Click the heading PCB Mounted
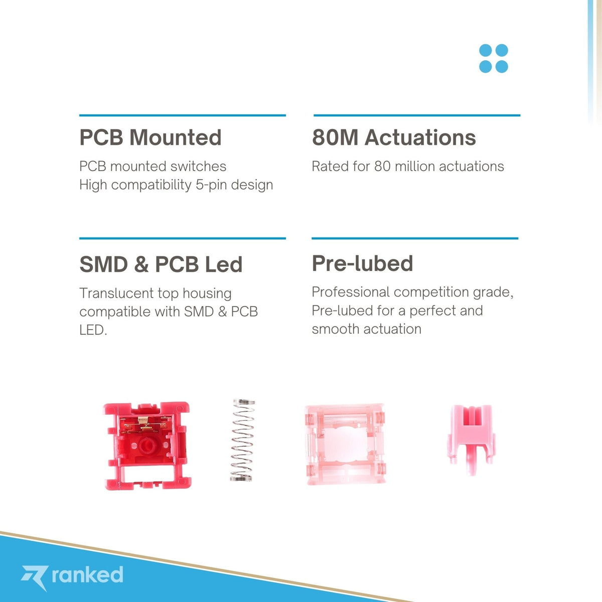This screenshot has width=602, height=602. coord(150,137)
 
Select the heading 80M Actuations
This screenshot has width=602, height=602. coord(394,137)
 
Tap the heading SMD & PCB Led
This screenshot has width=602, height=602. coord(161,264)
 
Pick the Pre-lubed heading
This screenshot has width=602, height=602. coord(362,263)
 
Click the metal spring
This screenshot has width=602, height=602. coord(242,440)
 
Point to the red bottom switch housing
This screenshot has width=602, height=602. coord(147,446)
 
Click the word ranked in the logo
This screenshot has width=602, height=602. coord(87,574)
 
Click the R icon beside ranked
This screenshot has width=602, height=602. coord(35,577)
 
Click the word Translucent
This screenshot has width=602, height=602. coord(116,293)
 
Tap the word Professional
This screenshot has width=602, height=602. coord(351,292)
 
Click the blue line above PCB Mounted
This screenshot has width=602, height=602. coord(183,115)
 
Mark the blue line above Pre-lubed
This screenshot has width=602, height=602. coord(415,238)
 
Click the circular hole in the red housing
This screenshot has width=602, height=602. coord(145,445)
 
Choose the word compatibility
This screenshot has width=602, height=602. coord(151,185)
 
